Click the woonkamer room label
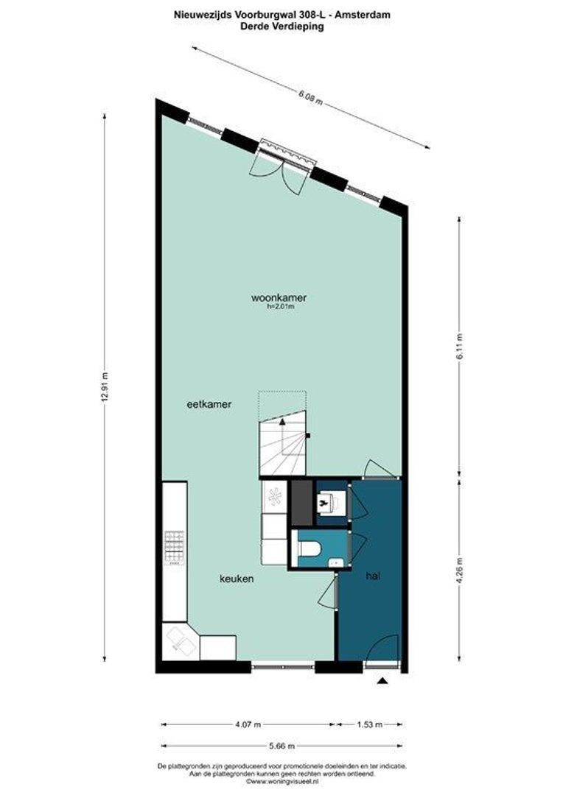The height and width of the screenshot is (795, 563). [279, 298]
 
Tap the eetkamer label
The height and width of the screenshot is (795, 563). [203, 403]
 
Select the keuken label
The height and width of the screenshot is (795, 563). [237, 579]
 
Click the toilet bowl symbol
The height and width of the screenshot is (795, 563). [310, 548]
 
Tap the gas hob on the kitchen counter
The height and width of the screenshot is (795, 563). [175, 547]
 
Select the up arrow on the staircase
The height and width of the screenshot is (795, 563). [283, 423]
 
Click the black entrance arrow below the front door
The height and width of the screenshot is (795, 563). [382, 682]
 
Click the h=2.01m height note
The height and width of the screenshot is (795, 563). [280, 307]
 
